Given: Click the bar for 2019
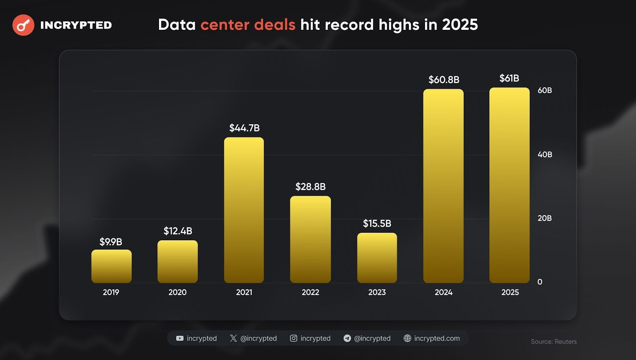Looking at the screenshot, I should tap(111, 266).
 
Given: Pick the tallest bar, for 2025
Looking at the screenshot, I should tap(509, 185).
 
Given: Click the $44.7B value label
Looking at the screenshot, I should tap(244, 128).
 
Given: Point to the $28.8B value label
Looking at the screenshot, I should tap(310, 187).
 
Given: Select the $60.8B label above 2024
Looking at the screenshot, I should tap(444, 80).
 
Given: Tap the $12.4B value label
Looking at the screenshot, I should tap(178, 231).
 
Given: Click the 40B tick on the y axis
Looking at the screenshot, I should tap(545, 154).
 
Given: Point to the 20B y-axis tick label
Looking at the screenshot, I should tap(545, 218).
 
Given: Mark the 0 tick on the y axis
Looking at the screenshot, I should tap(540, 282).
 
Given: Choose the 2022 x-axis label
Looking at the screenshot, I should tap(310, 292).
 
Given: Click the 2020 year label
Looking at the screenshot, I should tap(177, 292).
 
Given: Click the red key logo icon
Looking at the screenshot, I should tap(23, 25).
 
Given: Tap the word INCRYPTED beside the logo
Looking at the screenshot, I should tap(76, 25).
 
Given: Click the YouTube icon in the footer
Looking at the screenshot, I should tap(180, 338).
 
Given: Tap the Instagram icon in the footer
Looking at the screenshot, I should tap(293, 338).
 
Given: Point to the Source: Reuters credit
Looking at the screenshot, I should tap(553, 341).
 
